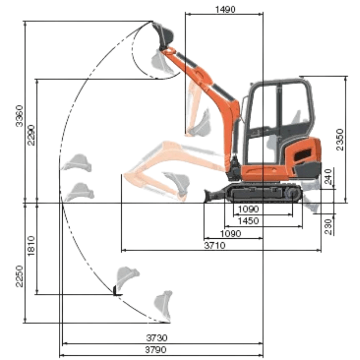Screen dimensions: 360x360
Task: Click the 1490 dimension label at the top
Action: (225, 9)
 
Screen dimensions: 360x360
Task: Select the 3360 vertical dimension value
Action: (19, 116)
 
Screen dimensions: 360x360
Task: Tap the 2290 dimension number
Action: (32, 135)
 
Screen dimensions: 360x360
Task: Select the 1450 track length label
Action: (246, 221)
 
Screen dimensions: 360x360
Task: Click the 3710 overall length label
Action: (215, 246)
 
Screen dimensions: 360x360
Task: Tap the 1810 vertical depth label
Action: (32, 246)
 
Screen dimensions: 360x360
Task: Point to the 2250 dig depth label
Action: (19, 276)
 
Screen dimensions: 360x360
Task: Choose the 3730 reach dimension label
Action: (157, 338)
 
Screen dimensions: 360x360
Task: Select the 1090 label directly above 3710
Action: (230, 233)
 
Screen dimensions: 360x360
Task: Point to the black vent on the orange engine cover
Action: (302, 155)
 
